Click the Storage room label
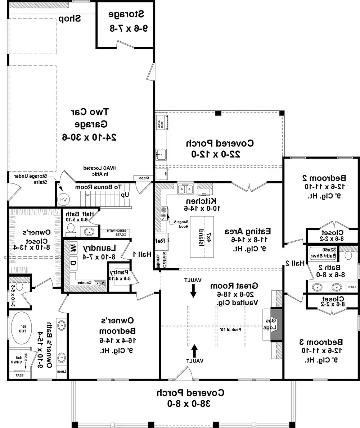pyautogui.click(x=126, y=21)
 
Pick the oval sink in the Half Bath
pyautogui.click(x=88, y=232)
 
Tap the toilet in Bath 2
pyautogui.click(x=348, y=255)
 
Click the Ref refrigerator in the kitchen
pyautogui.click(x=161, y=241)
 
